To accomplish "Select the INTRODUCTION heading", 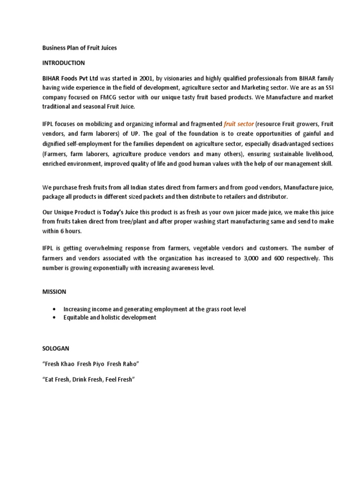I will click(x=64, y=62).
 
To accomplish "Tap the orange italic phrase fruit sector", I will click(x=239, y=124).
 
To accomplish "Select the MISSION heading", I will click(x=54, y=292).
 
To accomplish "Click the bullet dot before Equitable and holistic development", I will click(x=55, y=318).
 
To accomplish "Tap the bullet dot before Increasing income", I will click(x=55, y=309).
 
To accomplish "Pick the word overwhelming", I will click(x=111, y=248).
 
